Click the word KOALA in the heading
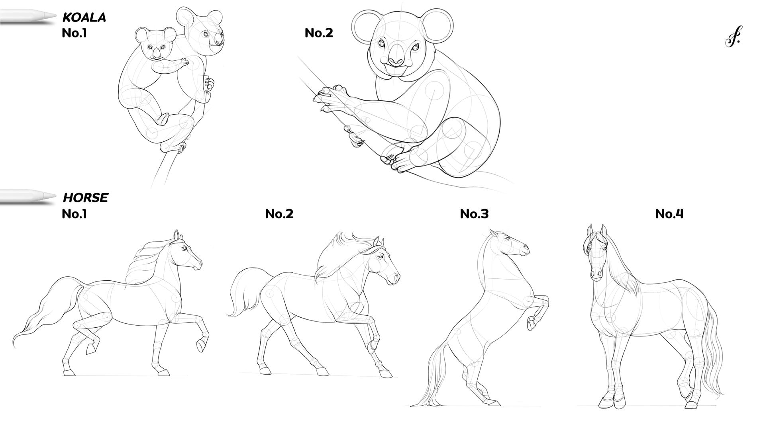[x=84, y=18]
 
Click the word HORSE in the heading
[x=86, y=198]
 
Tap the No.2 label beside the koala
[x=319, y=33]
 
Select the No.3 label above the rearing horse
[x=474, y=214]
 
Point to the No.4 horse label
[x=669, y=214]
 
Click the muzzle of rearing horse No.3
[x=524, y=250]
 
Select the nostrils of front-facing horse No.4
[x=596, y=274]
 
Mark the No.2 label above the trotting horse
[x=279, y=214]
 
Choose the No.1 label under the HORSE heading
[x=75, y=214]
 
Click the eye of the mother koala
[x=206, y=35]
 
